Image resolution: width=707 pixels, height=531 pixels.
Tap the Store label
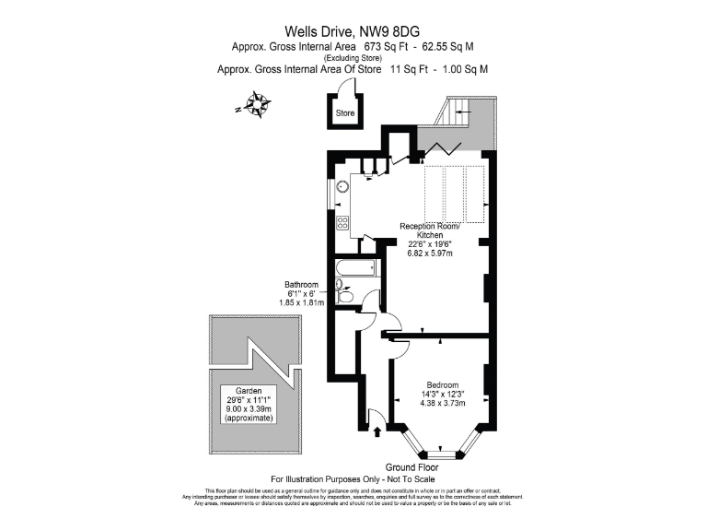point(345,113)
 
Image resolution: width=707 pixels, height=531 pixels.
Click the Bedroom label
point(443,383)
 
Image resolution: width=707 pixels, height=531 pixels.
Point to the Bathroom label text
point(301,284)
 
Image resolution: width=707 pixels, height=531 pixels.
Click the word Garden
point(249,390)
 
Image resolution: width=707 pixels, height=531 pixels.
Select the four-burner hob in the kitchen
point(342,223)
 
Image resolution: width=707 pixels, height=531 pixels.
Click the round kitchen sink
point(343,184)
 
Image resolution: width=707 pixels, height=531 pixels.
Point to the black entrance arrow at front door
point(378,429)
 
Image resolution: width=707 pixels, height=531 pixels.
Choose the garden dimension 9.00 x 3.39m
point(249,408)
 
